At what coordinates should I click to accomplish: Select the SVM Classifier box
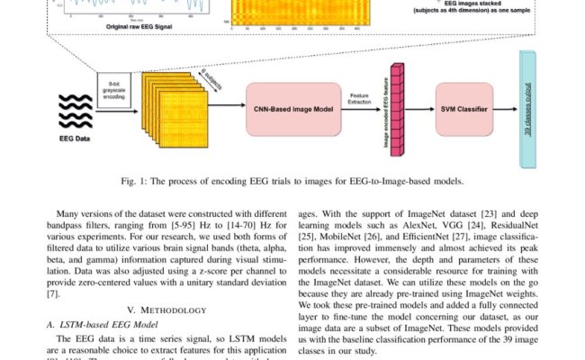(467, 110)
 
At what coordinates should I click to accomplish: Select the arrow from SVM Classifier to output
(508, 110)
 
